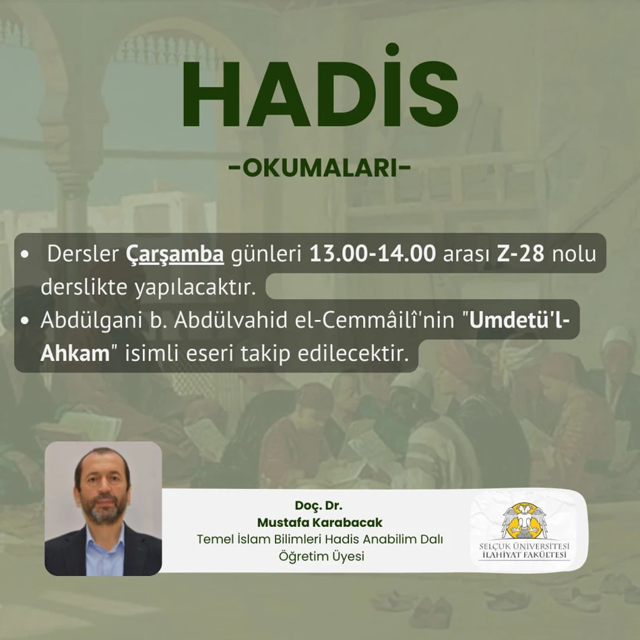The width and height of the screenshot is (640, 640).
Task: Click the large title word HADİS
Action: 320,86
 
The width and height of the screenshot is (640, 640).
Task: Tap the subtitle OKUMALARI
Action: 320,168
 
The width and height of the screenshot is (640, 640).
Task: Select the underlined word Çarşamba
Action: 174,254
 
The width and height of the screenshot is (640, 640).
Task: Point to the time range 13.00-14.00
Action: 373,253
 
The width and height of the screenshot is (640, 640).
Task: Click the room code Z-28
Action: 520,253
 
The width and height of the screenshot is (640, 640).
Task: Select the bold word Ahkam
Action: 75,353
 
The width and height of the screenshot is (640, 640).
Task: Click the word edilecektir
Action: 353,353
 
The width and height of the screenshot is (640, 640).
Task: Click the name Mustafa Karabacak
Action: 319,522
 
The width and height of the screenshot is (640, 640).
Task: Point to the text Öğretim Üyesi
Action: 321,556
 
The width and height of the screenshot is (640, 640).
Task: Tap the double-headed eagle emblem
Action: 525,521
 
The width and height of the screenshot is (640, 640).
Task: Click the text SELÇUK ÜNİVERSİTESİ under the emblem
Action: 524,546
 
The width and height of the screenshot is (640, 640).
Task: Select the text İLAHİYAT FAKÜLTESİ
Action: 524,554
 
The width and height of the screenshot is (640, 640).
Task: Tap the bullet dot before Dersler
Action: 24,254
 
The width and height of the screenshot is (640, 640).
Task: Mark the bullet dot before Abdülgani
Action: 24,321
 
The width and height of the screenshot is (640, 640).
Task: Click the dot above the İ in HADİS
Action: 392,49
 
